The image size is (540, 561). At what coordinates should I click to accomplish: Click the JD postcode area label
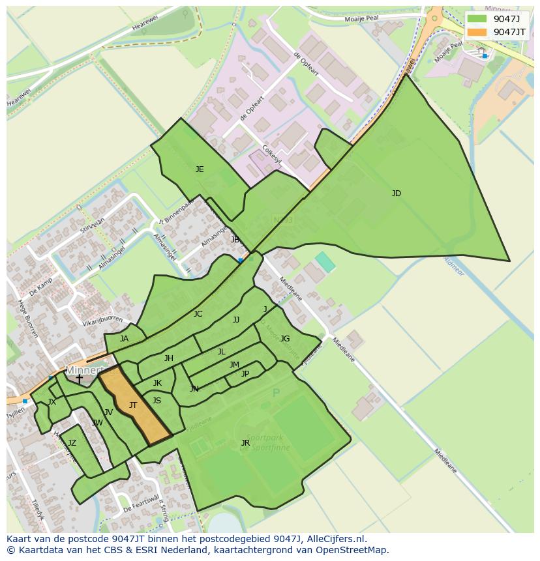pos(396,194)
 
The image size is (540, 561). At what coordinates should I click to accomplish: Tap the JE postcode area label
pos(200,169)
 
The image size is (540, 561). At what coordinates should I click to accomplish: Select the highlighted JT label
pos(133,405)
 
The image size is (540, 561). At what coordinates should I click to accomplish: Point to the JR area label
pos(245,443)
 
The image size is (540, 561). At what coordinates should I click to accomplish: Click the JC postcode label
pos(198,314)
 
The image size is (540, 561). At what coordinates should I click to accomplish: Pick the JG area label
pos(285,339)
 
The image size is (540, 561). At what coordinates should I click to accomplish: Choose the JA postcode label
pos(124,339)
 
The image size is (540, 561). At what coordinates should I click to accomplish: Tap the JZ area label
pos(72,443)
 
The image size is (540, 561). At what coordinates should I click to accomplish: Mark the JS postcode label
pos(157,401)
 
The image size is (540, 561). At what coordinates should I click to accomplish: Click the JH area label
pos(169,358)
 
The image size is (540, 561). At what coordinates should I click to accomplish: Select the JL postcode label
pos(222,352)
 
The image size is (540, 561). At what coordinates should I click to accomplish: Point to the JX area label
pos(52,402)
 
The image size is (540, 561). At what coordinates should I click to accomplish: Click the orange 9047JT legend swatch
pos(477,32)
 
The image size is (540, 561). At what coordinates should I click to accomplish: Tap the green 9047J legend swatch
pos(477,18)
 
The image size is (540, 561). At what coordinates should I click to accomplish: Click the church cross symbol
pos(79,379)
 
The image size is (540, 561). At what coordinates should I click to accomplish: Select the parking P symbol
pos(276,393)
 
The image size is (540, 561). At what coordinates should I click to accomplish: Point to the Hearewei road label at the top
pos(145,23)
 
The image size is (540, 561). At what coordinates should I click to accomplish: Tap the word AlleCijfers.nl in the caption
pos(337,539)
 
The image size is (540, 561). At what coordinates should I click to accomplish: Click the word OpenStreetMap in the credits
pos(352,550)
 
